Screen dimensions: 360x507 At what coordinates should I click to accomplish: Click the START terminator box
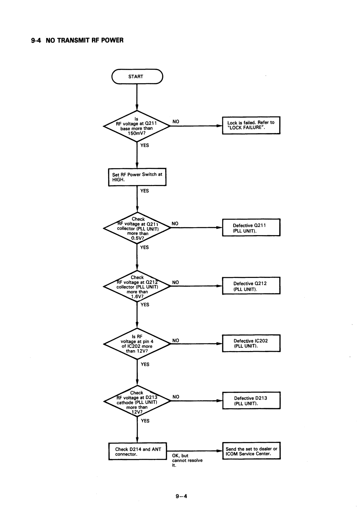(137, 76)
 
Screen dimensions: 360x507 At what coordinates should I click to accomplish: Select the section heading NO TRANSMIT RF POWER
(77, 40)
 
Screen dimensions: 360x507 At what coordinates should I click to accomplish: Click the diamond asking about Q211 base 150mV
(136, 126)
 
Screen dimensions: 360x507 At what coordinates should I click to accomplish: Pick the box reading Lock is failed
(251, 125)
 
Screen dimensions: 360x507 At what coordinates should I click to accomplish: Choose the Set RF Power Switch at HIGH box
(137, 177)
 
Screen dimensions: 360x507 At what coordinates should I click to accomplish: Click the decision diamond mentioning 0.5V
(137, 228)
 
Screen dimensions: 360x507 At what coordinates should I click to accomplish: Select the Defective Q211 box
(251, 227)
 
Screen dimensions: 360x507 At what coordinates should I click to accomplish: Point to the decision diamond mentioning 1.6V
(137, 286)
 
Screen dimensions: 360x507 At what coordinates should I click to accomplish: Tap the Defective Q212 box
(251, 286)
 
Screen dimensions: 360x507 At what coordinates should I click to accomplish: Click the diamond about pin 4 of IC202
(137, 344)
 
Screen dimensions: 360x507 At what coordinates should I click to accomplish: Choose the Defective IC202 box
(251, 343)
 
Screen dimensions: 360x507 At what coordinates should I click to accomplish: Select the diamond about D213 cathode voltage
(137, 401)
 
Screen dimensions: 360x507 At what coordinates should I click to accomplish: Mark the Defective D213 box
(251, 401)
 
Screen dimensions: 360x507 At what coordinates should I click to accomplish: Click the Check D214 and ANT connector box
(137, 451)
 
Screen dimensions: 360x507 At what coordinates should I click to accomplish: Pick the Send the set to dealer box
(251, 451)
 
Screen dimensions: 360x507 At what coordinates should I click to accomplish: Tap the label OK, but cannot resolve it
(187, 460)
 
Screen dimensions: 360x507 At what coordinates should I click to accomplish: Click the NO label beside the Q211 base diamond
(176, 122)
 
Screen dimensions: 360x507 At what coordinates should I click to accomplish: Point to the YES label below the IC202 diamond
(145, 364)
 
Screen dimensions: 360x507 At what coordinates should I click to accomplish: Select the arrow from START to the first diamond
(137, 97)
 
